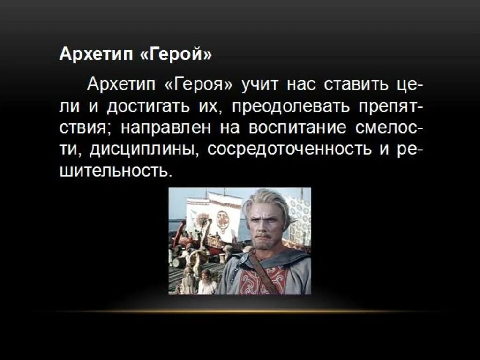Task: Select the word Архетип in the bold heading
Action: point(96,55)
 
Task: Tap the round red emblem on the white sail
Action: point(223,220)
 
